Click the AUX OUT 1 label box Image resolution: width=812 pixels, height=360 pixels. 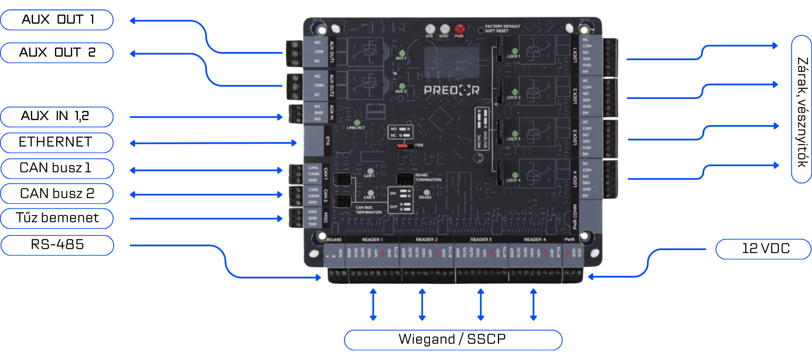pyautogui.click(x=57, y=20)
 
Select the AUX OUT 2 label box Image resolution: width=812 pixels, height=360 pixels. pyautogui.click(x=57, y=53)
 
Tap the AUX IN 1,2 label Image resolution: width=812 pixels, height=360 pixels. pyautogui.click(x=57, y=117)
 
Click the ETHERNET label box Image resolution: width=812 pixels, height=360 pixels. pyautogui.click(x=57, y=143)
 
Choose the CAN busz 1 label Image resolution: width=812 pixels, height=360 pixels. pyautogui.click(x=57, y=168)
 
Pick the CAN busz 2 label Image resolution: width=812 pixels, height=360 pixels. pyautogui.click(x=57, y=193)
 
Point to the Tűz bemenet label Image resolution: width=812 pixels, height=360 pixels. pyautogui.click(x=57, y=218)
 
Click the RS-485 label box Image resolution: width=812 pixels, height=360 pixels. pyautogui.click(x=57, y=245)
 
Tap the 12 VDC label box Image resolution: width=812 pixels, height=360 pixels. pyautogui.click(x=764, y=248)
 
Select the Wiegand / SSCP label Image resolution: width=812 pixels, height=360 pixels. pyautogui.click(x=453, y=340)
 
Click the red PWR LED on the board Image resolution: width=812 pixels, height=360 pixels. pyautogui.click(x=460, y=29)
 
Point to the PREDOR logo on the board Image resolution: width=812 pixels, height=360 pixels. pyautogui.click(x=451, y=90)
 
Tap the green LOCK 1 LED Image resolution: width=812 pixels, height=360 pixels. pyautogui.click(x=515, y=51)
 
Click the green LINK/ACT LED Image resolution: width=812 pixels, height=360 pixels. pyautogui.click(x=357, y=123)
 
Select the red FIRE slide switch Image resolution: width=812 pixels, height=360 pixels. pyautogui.click(x=403, y=145)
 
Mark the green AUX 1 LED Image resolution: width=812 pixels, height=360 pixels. pyautogui.click(x=402, y=53)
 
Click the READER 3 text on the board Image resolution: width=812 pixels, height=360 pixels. pyautogui.click(x=481, y=239)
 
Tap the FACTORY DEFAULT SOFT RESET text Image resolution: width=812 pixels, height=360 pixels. pyautogui.click(x=502, y=29)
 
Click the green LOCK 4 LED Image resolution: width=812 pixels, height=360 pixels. pyautogui.click(x=515, y=175)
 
